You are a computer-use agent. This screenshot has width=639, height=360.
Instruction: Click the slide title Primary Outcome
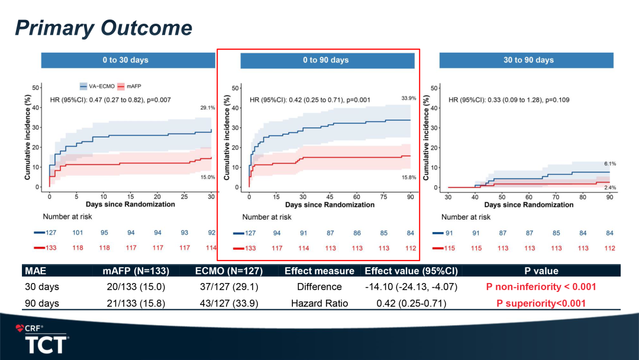pos(104,28)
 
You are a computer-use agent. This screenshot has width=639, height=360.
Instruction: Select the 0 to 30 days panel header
pos(128,60)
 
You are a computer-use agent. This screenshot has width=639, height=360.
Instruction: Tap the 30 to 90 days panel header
pos(526,60)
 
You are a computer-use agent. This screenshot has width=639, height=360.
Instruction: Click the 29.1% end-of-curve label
pos(207,108)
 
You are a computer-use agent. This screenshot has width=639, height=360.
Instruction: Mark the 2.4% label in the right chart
pos(609,187)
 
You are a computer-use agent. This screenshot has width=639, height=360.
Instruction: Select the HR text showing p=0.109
pos(509,100)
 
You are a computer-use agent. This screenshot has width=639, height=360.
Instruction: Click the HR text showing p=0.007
pos(110,100)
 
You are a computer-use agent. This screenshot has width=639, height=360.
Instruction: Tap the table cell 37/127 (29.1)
pos(228,287)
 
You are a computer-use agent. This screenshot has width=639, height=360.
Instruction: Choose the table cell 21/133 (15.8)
pos(136,303)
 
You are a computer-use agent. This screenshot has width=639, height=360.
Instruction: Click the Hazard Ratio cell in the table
pos(319,303)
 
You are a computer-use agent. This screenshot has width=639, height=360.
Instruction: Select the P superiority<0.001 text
pos(541,303)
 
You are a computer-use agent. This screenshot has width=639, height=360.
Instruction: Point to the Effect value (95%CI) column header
pos(411,271)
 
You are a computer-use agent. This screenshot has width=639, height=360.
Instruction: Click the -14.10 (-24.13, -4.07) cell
pos(411,287)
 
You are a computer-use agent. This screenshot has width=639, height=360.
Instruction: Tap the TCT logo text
pos(46,345)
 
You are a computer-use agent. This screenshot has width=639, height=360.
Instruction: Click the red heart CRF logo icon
pos(20,328)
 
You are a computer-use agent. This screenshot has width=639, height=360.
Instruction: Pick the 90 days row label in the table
pos(42,303)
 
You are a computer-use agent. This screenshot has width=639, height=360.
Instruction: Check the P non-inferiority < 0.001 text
pos(541,287)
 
